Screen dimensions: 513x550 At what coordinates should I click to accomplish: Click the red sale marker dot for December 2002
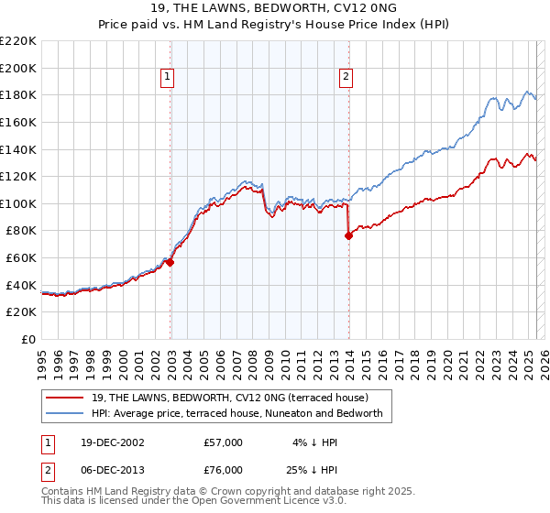[x=170, y=262]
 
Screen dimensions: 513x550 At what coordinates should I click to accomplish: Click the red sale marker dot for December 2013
[x=348, y=235]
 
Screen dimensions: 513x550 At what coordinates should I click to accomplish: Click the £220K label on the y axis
[x=18, y=41]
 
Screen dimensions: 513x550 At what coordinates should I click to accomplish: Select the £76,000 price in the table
[x=223, y=469]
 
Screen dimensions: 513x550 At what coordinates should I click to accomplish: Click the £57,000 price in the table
[x=223, y=442]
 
